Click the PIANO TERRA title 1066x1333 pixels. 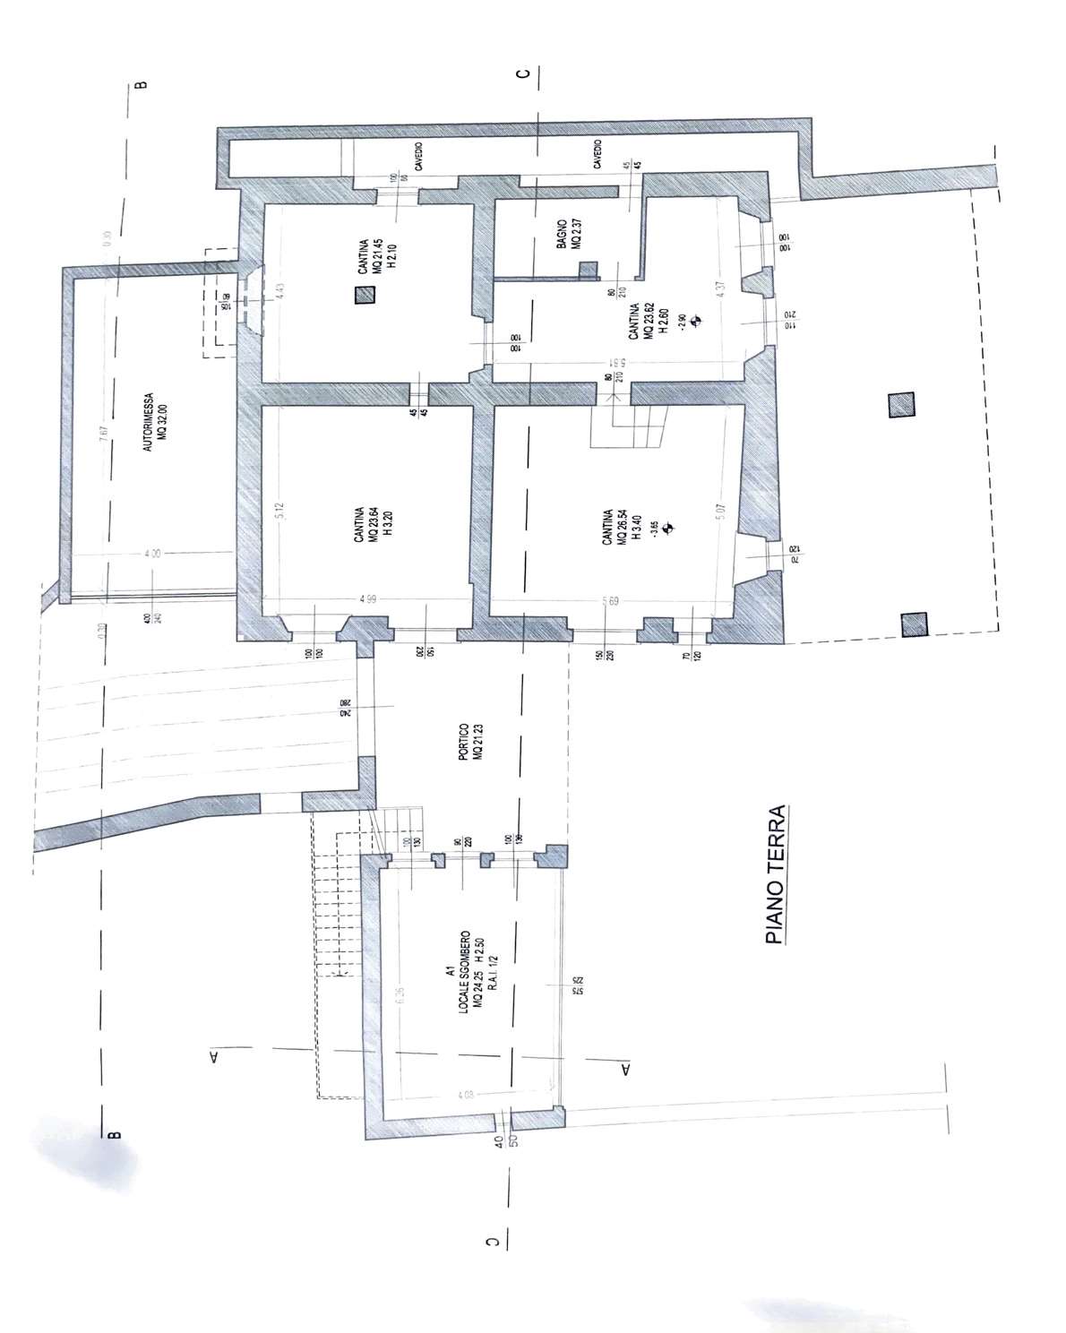776,874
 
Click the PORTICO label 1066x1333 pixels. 471,742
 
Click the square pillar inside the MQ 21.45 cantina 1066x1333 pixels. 363,296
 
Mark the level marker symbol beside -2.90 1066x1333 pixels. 698,319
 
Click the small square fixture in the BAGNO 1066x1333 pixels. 588,271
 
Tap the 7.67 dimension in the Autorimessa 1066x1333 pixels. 104,432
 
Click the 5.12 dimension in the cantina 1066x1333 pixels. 279,510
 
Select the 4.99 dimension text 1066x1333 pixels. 367,599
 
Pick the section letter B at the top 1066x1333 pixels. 140,86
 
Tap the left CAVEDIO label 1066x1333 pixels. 418,158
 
